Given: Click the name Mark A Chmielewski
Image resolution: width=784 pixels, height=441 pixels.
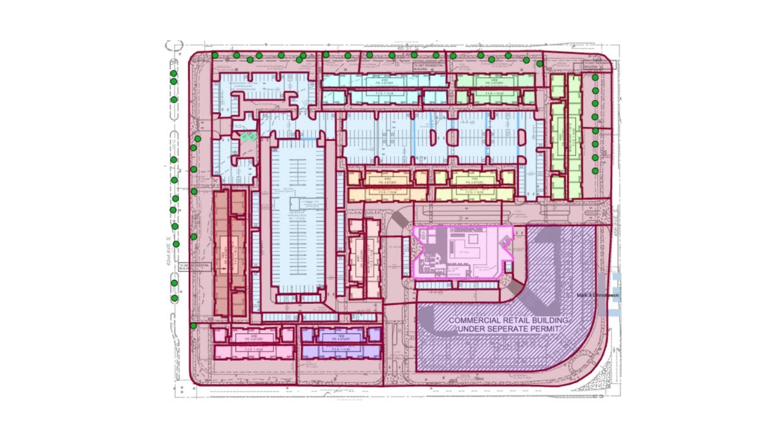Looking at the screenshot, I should coord(598,296).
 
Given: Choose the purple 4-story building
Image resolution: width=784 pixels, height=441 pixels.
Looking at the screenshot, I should coord(341,343).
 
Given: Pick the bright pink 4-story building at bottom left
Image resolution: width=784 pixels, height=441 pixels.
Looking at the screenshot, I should coord(253,343).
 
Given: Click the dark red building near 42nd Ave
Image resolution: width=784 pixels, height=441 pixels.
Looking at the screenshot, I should coord(230,252).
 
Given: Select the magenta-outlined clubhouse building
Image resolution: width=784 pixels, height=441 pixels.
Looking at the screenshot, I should coord(462,252).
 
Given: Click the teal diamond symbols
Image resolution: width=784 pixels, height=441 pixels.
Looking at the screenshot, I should coord(247,137).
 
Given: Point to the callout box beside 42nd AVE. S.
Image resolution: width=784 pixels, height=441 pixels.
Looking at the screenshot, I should coord(194,266).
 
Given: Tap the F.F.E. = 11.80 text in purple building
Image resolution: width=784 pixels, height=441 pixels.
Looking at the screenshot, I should coord(341,349).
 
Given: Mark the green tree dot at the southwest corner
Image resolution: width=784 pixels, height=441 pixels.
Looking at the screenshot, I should coord(194,325).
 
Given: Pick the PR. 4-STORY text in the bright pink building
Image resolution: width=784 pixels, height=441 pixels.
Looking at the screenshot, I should coord(253,338).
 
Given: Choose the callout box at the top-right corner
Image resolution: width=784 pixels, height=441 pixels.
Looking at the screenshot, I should coord(596,65).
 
